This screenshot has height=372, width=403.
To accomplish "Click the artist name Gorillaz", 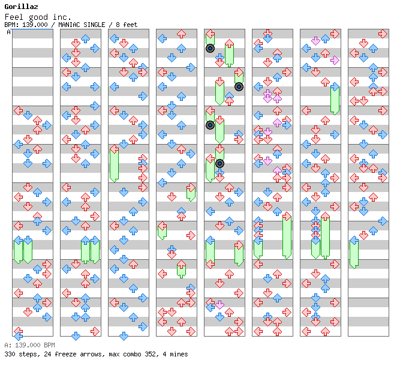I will tap(17, 7).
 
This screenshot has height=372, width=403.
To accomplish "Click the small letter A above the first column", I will tap(8, 32).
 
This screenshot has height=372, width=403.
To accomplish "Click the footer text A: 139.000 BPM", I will tap(29, 345).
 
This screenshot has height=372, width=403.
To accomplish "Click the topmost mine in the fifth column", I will tap(210, 49).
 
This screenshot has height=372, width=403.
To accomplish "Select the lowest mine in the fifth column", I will tap(219, 163).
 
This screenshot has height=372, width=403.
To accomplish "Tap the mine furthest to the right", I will tap(239, 86).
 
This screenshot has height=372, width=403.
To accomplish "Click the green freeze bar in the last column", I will tap(354, 252).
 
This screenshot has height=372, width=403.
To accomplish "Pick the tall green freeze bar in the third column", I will tap(114, 163).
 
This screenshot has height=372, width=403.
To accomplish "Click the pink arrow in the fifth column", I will tap(219, 305).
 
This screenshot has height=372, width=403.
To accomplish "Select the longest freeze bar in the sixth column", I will tap(287, 236).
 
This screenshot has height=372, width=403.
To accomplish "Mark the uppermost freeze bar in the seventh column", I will tap(335, 99).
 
